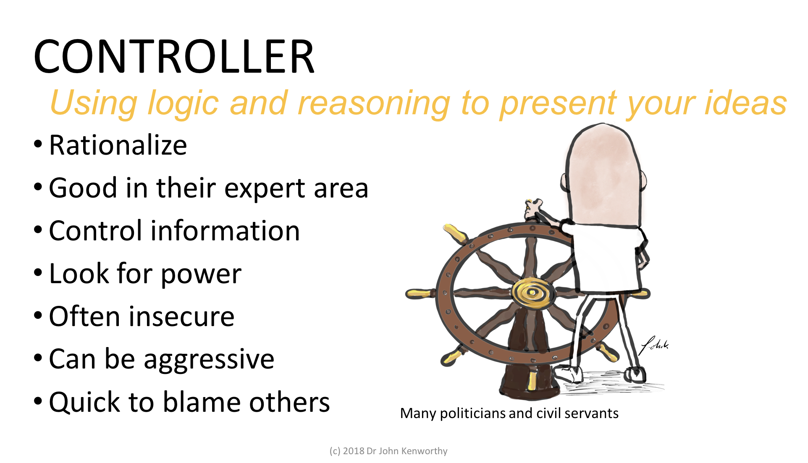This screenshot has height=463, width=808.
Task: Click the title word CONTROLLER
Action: coord(174,57)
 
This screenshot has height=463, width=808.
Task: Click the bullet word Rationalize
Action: coord(118,145)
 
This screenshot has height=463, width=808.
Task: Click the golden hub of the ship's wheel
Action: coord(532,292)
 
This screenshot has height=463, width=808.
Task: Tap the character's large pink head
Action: coord(603,174)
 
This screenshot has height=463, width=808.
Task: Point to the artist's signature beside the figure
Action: coord(653,345)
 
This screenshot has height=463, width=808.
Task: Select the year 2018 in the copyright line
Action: coord(353,451)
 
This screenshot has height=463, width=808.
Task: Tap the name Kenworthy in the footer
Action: coord(424,451)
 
